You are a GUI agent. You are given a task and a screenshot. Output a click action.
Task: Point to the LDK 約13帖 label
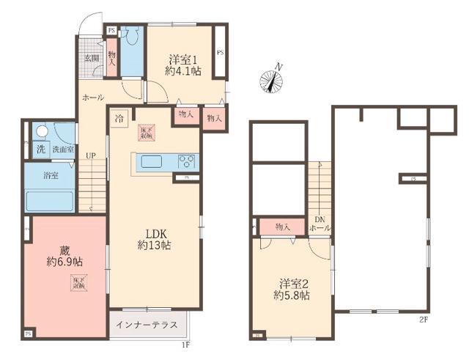(x=155, y=238)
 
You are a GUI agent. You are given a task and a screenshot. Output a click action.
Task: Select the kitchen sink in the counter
(x=152, y=163)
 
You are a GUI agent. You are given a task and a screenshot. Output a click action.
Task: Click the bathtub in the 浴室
(x=48, y=200)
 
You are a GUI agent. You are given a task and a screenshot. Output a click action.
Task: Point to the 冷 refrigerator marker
(x=119, y=117)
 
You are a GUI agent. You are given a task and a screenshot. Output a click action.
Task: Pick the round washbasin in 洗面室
(x=42, y=132)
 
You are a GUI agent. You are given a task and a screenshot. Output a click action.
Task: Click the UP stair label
(x=90, y=155)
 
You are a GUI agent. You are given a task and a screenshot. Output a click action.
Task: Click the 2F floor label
(x=423, y=320)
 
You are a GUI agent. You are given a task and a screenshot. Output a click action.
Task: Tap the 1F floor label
(x=185, y=343)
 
